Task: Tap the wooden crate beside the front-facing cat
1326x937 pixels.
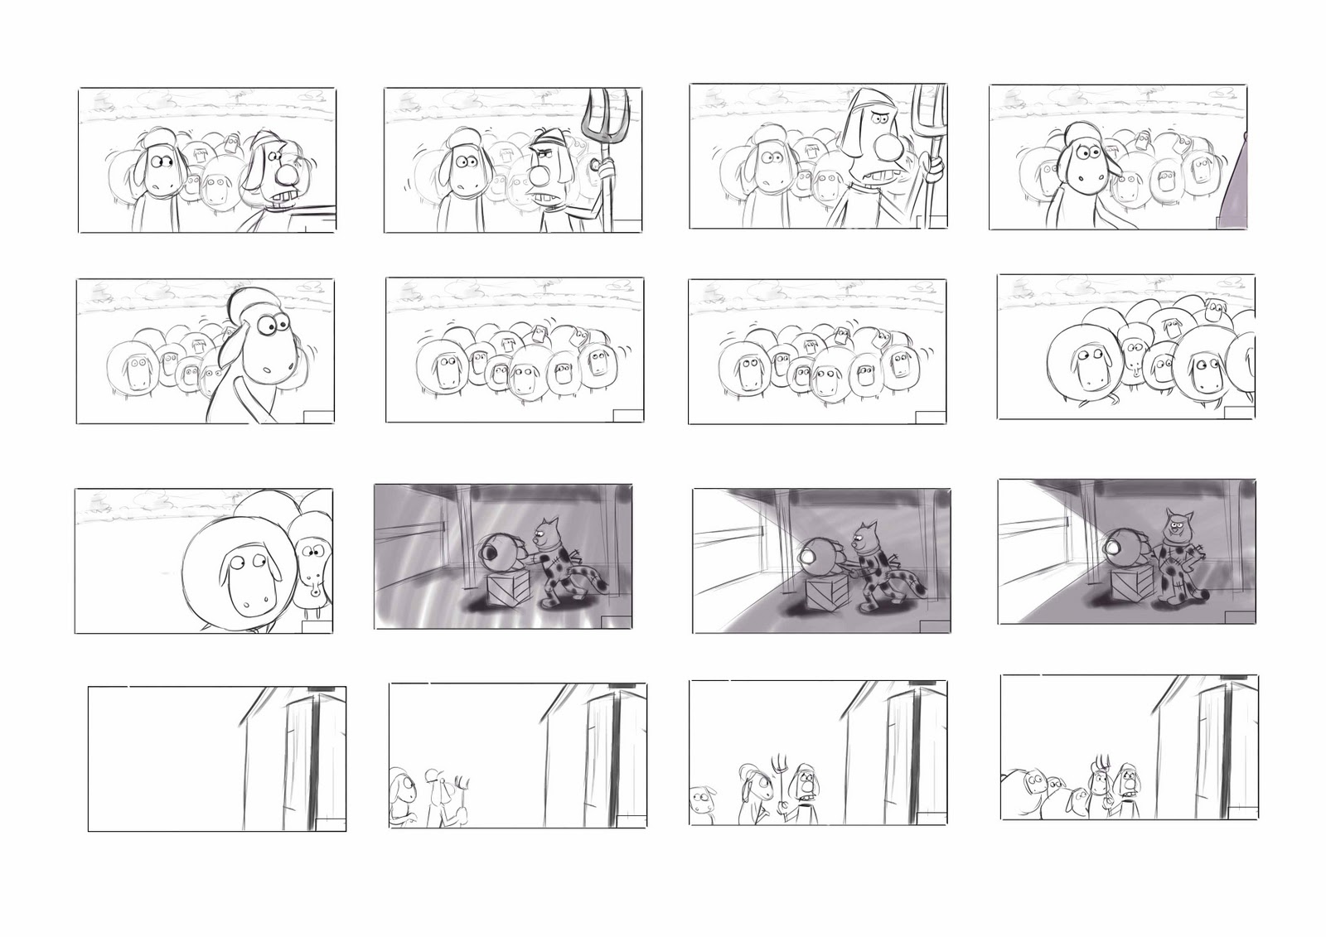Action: click(1130, 587)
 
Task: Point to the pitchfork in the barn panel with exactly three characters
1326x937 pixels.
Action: click(778, 766)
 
